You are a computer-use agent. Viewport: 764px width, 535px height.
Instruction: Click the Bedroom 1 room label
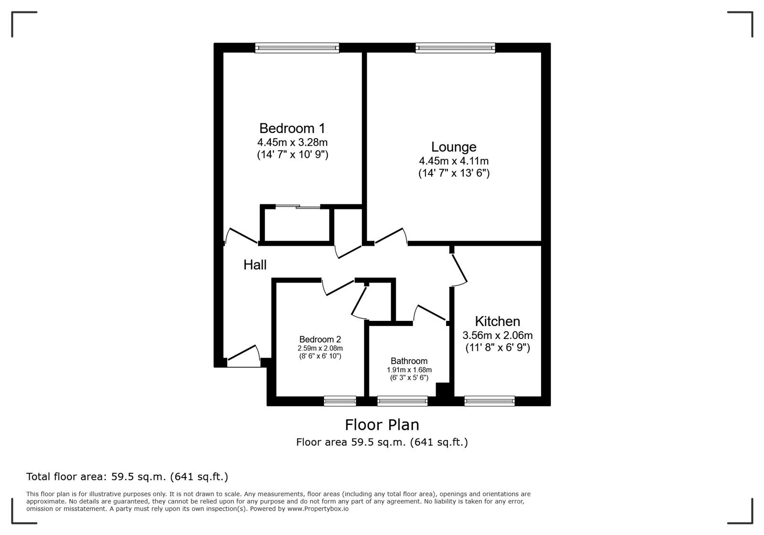click(292, 128)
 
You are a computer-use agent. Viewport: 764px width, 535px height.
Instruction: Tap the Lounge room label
click(454, 147)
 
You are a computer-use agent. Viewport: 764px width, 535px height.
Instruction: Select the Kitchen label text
click(497, 321)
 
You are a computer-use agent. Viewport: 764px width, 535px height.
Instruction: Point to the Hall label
click(255, 265)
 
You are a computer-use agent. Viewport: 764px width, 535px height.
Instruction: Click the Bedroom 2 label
click(320, 340)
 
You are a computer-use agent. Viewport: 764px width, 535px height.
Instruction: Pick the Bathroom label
click(409, 361)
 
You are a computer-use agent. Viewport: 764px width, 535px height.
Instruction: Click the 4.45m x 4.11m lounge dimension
click(454, 161)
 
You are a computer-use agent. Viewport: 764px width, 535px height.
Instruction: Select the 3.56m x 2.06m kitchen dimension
click(498, 335)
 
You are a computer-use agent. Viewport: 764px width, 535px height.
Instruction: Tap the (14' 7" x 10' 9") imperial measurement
click(292, 154)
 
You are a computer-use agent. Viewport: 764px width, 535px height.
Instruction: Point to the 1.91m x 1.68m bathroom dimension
click(409, 370)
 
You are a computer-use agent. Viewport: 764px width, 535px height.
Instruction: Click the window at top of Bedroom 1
click(297, 47)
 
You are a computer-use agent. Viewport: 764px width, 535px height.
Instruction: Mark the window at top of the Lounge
click(455, 47)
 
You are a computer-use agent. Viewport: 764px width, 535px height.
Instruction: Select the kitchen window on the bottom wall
click(489, 401)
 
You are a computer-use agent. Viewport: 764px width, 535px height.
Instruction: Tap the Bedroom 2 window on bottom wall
click(340, 401)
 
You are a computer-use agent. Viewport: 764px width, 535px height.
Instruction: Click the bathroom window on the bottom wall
click(402, 401)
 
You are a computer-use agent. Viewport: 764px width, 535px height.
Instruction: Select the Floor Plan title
click(382, 425)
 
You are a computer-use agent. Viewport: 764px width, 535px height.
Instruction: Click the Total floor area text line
click(127, 477)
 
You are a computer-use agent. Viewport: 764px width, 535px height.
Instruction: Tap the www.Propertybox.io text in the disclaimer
click(318, 509)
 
